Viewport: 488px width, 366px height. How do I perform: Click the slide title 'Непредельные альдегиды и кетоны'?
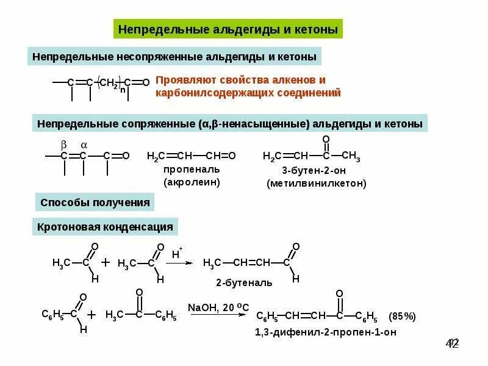click(227, 29)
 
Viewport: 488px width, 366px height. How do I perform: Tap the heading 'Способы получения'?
click(95, 202)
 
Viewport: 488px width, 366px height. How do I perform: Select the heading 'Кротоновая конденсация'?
click(105, 228)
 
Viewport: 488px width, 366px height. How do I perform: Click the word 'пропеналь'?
click(191, 169)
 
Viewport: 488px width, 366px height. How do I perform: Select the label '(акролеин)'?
click(192, 182)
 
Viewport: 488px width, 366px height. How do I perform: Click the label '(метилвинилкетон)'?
click(316, 183)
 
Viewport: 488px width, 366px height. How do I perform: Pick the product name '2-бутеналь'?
click(244, 283)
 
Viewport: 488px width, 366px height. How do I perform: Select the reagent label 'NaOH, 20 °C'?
click(218, 306)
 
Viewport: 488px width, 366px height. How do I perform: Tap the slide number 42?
click(452, 343)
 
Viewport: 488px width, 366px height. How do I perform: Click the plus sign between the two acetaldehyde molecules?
click(105, 262)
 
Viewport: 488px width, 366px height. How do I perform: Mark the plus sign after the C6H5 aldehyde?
click(91, 315)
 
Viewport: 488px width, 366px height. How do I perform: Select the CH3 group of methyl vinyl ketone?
click(351, 156)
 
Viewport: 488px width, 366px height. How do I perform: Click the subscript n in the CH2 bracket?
click(123, 90)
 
